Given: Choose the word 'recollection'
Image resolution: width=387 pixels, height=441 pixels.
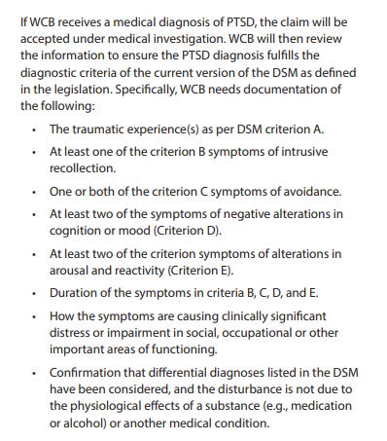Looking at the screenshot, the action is (84, 168).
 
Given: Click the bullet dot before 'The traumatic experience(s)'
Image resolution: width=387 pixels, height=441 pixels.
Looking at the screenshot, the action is (34, 129).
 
